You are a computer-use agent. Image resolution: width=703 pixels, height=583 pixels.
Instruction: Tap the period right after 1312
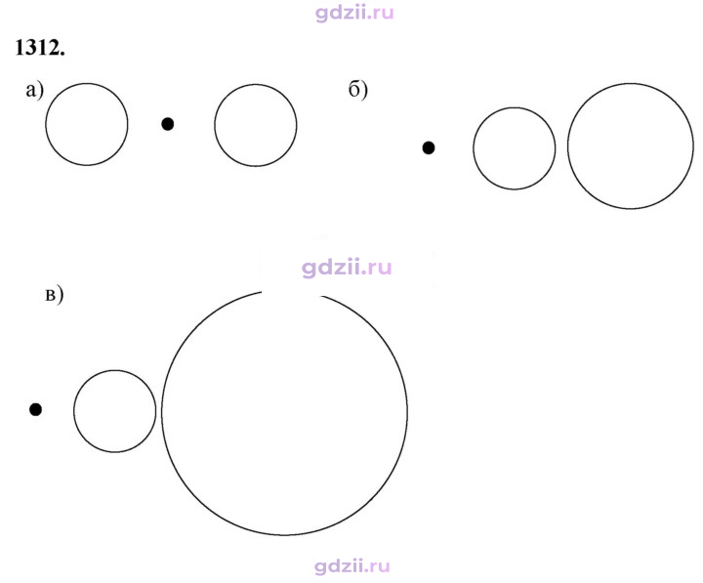(x=62, y=55)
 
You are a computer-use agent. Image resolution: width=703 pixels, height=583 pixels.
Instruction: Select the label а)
(x=35, y=91)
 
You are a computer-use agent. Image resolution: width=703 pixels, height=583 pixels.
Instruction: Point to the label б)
(x=357, y=90)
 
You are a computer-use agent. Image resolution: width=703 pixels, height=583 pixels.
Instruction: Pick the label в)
(x=55, y=296)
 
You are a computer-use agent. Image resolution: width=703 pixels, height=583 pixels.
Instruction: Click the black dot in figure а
(x=168, y=124)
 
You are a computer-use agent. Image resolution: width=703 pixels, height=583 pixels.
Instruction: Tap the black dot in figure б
(x=429, y=147)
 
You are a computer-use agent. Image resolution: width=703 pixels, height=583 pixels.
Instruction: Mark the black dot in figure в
(x=35, y=409)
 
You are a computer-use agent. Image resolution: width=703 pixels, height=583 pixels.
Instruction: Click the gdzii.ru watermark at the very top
(x=354, y=13)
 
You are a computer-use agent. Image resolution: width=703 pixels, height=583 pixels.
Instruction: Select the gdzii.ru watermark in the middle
(x=347, y=268)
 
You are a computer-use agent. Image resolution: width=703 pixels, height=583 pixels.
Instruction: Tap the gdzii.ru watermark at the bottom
(x=351, y=566)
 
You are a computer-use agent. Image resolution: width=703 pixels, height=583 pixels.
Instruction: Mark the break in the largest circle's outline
(x=291, y=292)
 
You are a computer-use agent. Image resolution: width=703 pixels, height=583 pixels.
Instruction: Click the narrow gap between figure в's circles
(x=159, y=411)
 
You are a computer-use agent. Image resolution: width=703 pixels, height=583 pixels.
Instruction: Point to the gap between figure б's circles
(x=561, y=147)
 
